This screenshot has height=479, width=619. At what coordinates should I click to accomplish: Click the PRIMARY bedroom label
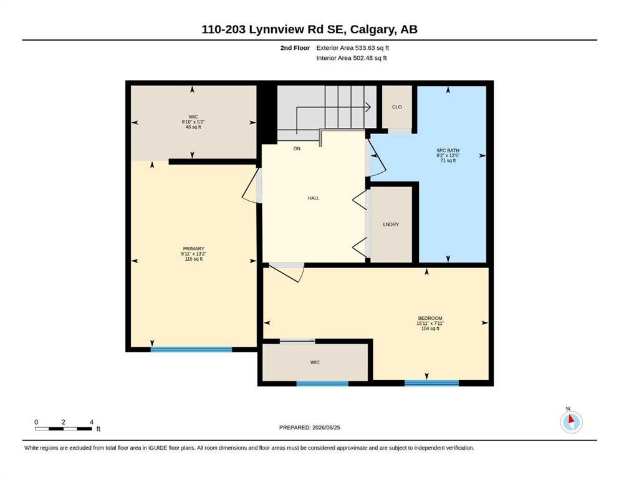pos(193,249)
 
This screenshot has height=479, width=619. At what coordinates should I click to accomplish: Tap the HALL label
pos(314,198)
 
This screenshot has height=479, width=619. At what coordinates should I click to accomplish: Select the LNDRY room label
pos(391,225)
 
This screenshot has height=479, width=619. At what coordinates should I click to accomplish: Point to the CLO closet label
pos(396,107)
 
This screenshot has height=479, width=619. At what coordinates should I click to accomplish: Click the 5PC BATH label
pos(448,150)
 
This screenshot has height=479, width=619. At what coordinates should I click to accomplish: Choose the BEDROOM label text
pos(430,318)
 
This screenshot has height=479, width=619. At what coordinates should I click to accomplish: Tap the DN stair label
pos(297,149)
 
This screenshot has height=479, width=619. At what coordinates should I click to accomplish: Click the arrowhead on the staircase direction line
pos(368,107)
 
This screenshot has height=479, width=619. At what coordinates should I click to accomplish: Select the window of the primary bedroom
pos(191,349)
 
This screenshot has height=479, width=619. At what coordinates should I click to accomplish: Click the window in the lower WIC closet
pos(322,384)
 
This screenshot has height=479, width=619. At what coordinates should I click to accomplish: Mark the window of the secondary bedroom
pos(431,383)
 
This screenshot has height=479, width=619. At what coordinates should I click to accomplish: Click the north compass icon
pos(571,422)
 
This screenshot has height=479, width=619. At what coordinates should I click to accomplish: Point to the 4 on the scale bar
pos(92,422)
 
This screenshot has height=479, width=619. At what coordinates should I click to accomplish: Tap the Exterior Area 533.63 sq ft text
pos(353,48)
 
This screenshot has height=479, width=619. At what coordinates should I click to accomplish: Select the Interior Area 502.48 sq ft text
pos(352,58)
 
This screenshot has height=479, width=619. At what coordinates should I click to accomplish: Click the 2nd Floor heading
pos(295,48)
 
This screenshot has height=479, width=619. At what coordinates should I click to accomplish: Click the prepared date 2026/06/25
pos(326,427)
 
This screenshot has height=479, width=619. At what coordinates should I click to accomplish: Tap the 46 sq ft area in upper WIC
pos(193,127)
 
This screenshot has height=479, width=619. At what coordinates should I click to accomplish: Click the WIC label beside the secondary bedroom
pos(315,362)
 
